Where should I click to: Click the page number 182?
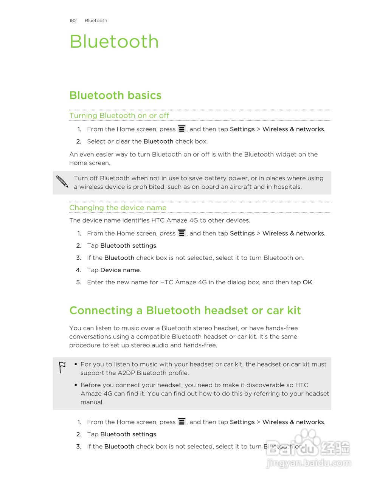(73, 21)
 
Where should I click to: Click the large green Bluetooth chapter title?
(114, 42)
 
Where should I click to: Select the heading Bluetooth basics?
(115, 95)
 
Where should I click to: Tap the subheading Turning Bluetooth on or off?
(119, 116)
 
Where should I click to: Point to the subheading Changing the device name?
(118, 208)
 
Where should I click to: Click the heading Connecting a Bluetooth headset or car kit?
(185, 310)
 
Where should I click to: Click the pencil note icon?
(62, 182)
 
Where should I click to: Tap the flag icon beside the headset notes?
(62, 367)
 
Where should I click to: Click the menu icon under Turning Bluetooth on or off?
(182, 129)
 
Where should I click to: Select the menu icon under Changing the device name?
(182, 233)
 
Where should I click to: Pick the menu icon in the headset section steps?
(182, 422)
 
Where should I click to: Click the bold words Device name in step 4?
(120, 270)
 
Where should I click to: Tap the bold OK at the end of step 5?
(307, 282)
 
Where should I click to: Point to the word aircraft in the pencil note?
(240, 187)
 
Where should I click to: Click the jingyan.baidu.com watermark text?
(309, 463)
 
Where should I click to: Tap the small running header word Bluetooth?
(96, 21)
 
